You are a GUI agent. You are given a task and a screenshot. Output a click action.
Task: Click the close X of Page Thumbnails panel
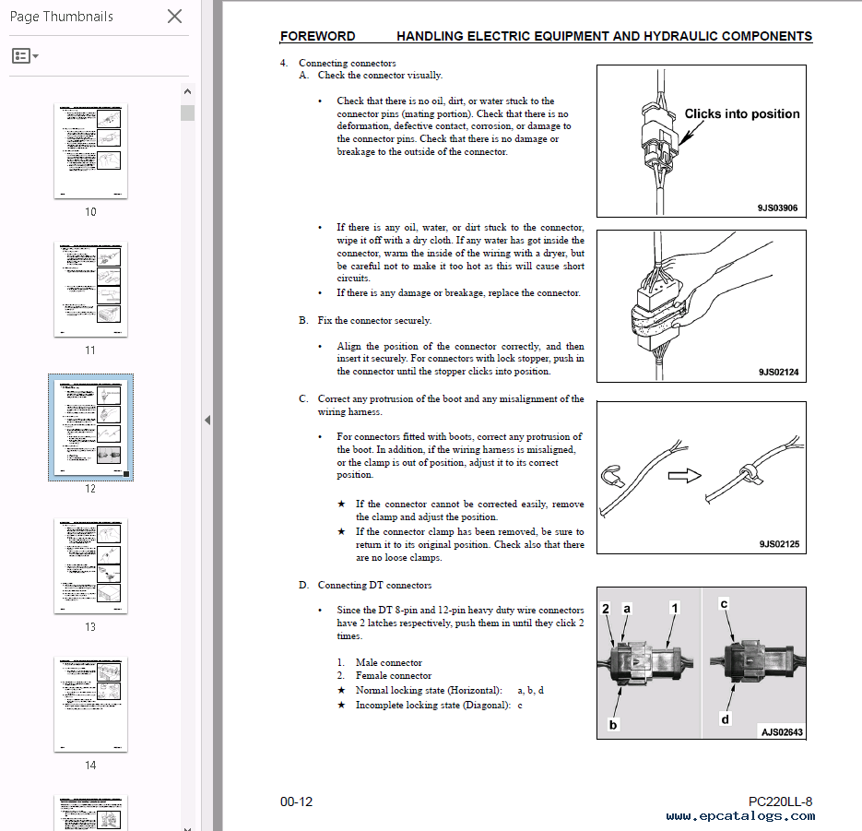click(174, 16)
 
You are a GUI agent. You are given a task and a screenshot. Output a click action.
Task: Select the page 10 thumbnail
click(90, 150)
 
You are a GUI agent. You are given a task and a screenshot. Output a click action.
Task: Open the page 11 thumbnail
click(90, 289)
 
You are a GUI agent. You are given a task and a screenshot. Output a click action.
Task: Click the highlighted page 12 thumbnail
click(90, 427)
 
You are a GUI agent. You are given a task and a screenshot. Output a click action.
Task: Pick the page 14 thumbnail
click(90, 704)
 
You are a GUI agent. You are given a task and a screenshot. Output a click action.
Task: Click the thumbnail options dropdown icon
click(25, 56)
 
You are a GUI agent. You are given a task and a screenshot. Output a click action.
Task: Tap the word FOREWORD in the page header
click(317, 37)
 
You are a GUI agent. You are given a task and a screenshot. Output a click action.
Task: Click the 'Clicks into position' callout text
click(741, 114)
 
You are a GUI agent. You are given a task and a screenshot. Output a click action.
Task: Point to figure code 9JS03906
click(778, 208)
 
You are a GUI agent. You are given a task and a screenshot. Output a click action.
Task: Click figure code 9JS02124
click(778, 372)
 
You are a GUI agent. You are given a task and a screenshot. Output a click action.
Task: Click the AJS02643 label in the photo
click(781, 732)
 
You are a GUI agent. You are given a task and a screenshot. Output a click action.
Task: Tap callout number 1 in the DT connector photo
click(674, 608)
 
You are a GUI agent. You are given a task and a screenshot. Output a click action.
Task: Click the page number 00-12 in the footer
click(296, 801)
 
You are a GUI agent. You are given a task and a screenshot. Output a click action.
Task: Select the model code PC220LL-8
click(780, 801)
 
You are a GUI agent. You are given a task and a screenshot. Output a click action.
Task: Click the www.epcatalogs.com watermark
click(740, 815)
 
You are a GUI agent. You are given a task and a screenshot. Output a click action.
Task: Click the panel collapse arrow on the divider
click(207, 420)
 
